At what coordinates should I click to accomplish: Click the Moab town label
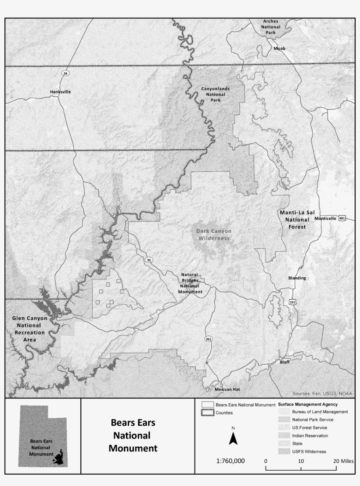point(279,48)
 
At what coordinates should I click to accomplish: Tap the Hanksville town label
point(60,92)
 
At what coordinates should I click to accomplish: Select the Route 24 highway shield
point(65,73)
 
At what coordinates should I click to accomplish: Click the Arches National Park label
point(271,27)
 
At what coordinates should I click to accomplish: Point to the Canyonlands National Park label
point(215,94)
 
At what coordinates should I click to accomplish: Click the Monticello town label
point(325,218)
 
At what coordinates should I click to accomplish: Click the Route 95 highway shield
point(149,260)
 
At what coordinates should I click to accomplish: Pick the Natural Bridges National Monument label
point(190,283)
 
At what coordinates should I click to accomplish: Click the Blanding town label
point(297,278)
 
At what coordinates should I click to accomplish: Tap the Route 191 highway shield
point(292,302)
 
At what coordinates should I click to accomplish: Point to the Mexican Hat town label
point(226,390)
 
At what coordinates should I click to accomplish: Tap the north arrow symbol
point(233,437)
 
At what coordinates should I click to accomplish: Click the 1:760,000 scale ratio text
point(230,461)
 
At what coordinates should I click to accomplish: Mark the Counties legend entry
point(224,413)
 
